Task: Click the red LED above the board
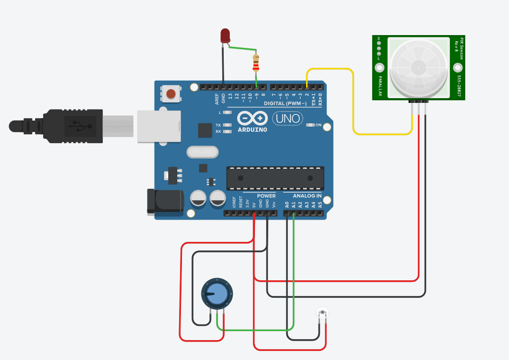225,35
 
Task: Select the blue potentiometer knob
217,293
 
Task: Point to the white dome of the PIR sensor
418,67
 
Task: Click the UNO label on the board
288,118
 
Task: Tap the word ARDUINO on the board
252,129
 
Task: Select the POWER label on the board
266,196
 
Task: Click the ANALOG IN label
307,196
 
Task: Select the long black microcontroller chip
275,178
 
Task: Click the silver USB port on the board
159,126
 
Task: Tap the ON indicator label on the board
318,125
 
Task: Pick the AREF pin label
217,99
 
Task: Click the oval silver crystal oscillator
202,152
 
